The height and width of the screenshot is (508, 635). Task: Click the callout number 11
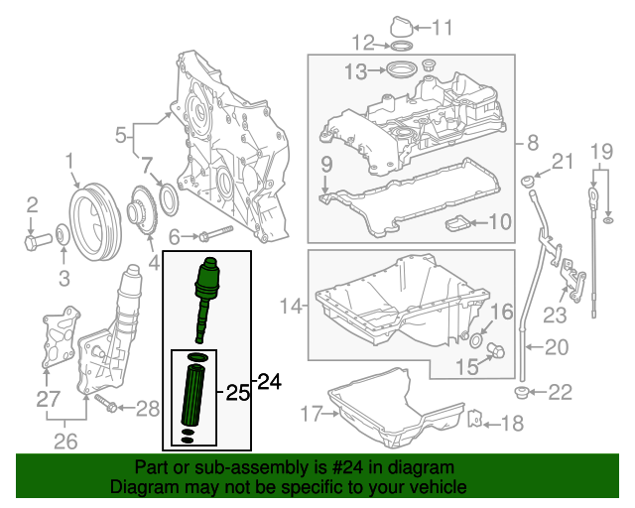pyautogui.click(x=442, y=27)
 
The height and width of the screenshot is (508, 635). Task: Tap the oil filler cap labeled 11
pyautogui.click(x=397, y=25)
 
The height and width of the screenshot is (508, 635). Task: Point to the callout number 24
pyautogui.click(x=270, y=380)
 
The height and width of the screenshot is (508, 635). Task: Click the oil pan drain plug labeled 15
pyautogui.click(x=498, y=349)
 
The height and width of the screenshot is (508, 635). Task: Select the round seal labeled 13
pyautogui.click(x=402, y=71)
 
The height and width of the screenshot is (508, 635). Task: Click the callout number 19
pyautogui.click(x=599, y=152)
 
